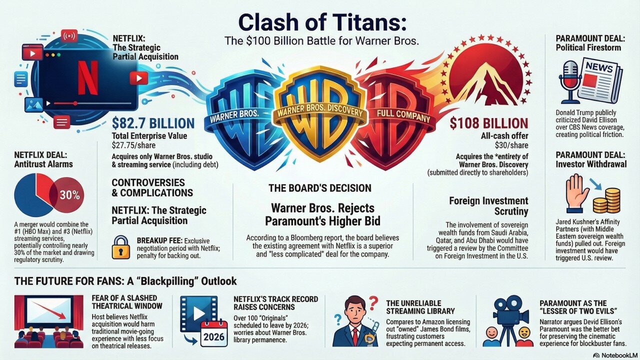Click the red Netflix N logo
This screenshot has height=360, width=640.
click(x=88, y=78)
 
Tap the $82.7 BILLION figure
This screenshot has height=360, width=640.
click(x=153, y=123)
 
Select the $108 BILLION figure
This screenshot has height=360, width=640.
click(x=488, y=123)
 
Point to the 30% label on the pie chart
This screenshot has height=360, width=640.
click(x=69, y=195)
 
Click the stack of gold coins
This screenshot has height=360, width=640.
click(x=606, y=200)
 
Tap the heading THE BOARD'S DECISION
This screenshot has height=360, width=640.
click(x=319, y=188)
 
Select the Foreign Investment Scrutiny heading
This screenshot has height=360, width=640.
click(x=488, y=206)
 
